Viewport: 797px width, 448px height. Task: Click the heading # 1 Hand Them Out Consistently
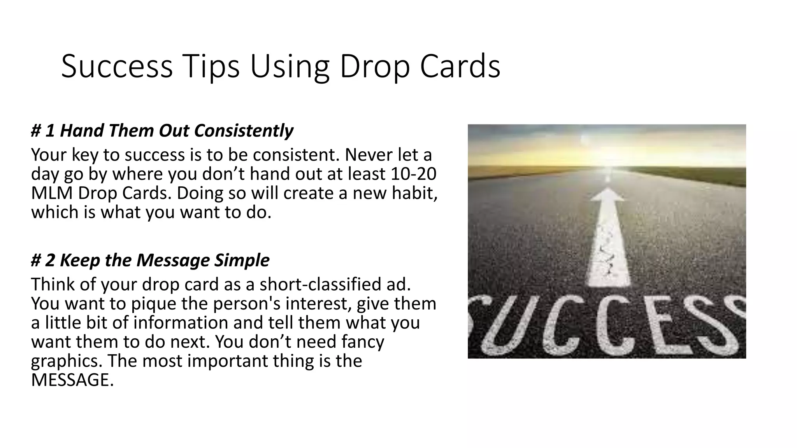coord(162,131)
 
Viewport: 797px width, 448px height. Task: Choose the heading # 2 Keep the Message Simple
coord(150,260)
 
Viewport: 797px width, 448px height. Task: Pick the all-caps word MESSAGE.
coord(72,380)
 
